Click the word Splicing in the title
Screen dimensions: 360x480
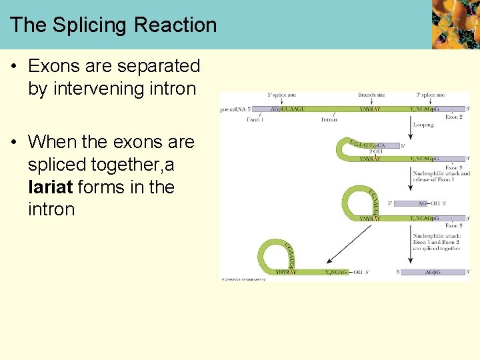(x=89, y=25)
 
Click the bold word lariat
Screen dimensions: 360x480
(x=51, y=187)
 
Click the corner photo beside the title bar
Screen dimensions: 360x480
(x=455, y=25)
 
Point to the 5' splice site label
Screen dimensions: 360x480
(x=282, y=95)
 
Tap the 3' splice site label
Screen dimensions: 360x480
(x=430, y=95)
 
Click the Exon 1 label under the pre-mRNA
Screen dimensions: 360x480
(x=255, y=120)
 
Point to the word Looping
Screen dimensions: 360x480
(x=423, y=125)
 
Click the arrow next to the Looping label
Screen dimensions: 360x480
(x=410, y=124)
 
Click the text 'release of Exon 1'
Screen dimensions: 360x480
(x=435, y=180)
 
